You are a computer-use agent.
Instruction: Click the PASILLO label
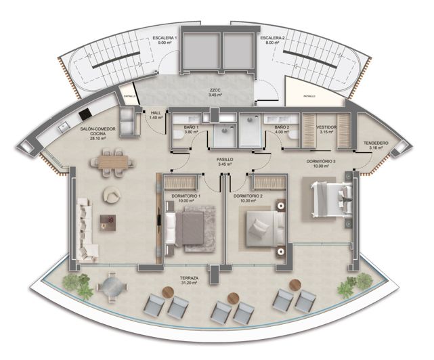point(225,161)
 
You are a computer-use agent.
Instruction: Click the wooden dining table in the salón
point(112,162)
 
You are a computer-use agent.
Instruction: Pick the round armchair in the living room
point(111,195)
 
